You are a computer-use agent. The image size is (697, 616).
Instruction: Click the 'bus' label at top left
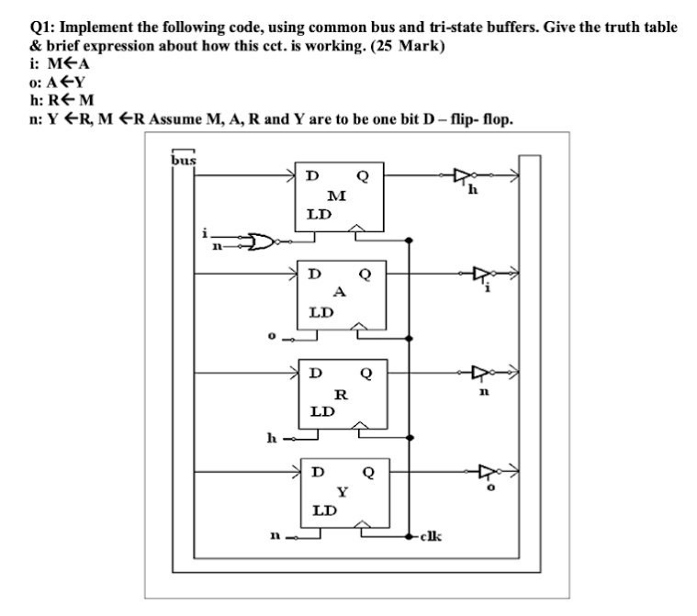184,160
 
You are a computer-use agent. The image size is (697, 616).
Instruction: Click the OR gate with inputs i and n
263,241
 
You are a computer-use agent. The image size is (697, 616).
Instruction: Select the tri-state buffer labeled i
479,273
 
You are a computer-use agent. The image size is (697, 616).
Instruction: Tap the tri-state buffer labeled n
479,373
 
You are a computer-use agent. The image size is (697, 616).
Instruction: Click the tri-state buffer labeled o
486,472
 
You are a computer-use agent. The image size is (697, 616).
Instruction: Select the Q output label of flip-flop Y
368,473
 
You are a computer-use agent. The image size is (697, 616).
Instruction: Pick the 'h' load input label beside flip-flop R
272,437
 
